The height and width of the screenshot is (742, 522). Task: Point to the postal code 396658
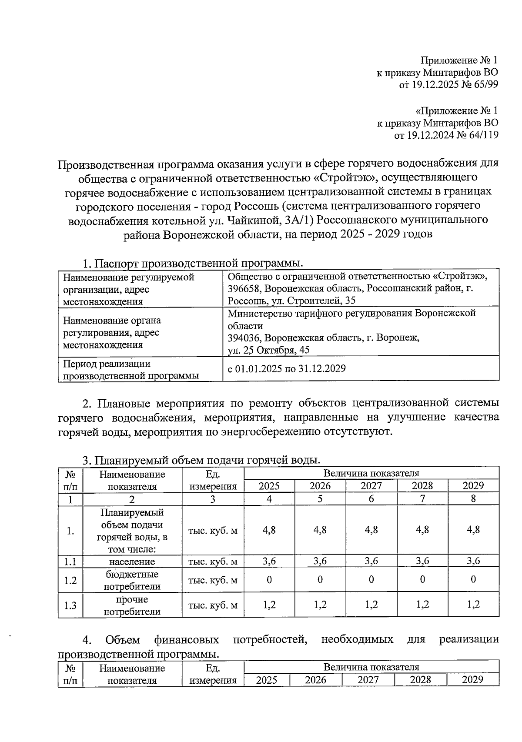pyautogui.click(x=244, y=288)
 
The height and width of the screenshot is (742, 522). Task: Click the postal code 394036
pyautogui.click(x=244, y=338)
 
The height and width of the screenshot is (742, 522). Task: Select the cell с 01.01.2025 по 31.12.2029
pyautogui.click(x=287, y=369)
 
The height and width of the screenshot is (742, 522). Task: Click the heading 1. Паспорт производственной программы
pyautogui.click(x=193, y=264)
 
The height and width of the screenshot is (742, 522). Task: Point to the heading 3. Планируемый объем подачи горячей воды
pyautogui.click(x=202, y=460)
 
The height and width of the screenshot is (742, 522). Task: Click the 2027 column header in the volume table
pyautogui.click(x=371, y=486)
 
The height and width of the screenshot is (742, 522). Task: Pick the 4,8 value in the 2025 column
pyautogui.click(x=269, y=530)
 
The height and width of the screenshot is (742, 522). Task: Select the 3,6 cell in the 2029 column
pyautogui.click(x=473, y=561)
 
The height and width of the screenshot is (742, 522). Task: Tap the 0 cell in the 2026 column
pyautogui.click(x=320, y=579)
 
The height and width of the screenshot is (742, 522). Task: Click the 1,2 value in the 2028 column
pyautogui.click(x=422, y=604)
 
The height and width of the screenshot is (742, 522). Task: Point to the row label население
pyautogui.click(x=132, y=562)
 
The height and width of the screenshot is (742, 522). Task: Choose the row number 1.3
pyautogui.click(x=70, y=605)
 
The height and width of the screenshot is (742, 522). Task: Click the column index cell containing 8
pyautogui.click(x=473, y=499)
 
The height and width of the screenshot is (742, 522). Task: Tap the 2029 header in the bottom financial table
pyautogui.click(x=472, y=680)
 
